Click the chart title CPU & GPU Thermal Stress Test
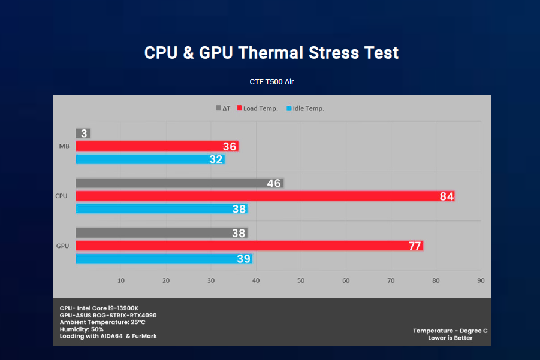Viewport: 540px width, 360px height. click(x=271, y=53)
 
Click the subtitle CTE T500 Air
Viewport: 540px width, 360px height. click(x=271, y=82)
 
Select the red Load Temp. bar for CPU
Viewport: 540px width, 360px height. click(x=264, y=196)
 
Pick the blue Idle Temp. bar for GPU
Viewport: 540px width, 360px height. click(x=163, y=258)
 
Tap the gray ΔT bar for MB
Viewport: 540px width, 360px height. click(x=83, y=133)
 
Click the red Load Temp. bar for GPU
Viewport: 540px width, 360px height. click(x=249, y=246)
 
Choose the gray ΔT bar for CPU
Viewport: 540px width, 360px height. click(x=179, y=183)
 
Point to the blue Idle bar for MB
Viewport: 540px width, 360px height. click(x=149, y=159)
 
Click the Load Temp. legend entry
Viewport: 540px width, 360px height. click(x=257, y=108)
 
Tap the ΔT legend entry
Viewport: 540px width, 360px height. click(x=223, y=108)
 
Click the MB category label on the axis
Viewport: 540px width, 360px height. click(x=63, y=146)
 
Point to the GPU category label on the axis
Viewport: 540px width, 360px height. click(x=62, y=246)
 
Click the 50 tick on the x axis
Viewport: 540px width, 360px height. click(x=301, y=280)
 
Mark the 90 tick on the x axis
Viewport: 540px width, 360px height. click(x=480, y=280)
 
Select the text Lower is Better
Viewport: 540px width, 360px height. click(x=450, y=338)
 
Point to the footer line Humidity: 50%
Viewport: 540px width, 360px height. click(x=82, y=329)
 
